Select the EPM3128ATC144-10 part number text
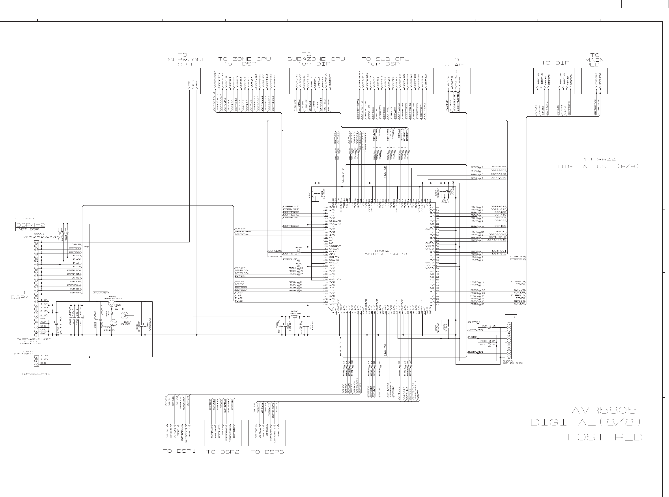tap(383, 254)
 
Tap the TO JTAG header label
tap(454, 62)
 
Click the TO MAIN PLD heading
tap(594, 60)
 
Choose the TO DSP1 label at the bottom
tap(179, 451)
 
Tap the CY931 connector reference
tap(28, 351)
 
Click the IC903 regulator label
tap(294, 311)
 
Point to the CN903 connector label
tap(507, 361)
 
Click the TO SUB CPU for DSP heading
tap(385, 61)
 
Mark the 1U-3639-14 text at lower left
tap(36, 374)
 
